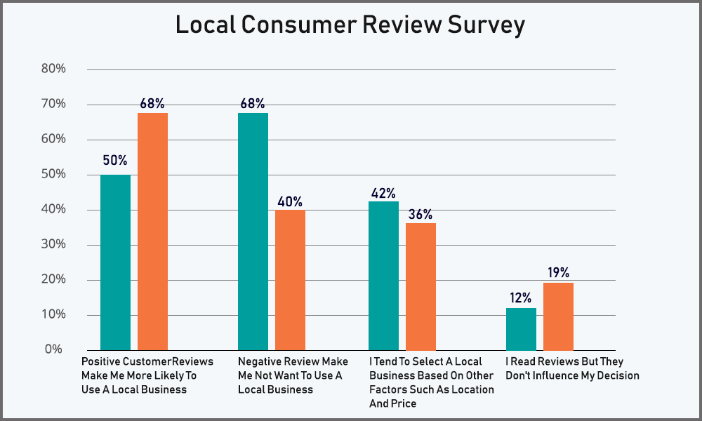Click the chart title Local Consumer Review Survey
coord(350,26)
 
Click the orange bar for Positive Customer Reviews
coord(152,231)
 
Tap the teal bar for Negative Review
coord(253,231)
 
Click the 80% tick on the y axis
coord(54,69)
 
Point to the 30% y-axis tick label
coord(54,244)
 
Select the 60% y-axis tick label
coord(54,139)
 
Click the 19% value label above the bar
coord(558,273)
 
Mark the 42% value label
coord(383,192)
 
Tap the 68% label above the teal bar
coord(252,104)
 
